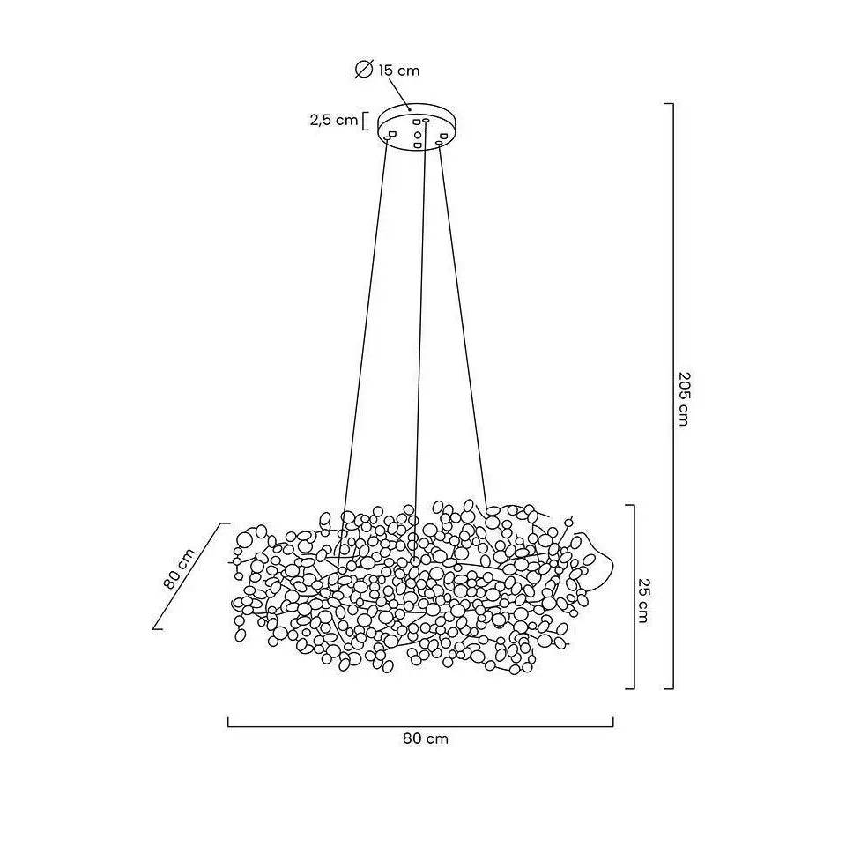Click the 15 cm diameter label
tap(398, 70)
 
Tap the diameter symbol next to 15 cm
tap(364, 70)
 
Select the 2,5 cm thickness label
tap(334, 120)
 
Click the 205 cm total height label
tap(684, 398)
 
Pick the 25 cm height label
tap(642, 600)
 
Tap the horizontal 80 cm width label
tap(426, 738)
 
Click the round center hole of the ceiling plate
tap(417, 134)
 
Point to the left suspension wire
tap(364, 323)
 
